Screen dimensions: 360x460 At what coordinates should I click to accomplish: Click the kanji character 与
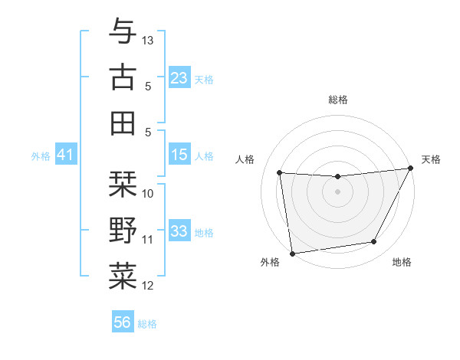pyautogui.click(x=123, y=31)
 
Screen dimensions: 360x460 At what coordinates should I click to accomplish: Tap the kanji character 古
pyautogui.click(x=123, y=77)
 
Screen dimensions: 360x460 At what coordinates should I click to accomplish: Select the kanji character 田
pyautogui.click(x=123, y=123)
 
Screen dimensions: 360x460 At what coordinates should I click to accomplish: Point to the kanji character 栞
pyautogui.click(x=123, y=185)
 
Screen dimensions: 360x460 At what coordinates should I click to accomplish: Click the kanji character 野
pyautogui.click(x=123, y=231)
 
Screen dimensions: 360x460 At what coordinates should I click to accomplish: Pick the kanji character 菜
pyautogui.click(x=123, y=277)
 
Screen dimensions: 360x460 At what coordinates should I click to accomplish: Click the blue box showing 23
pyautogui.click(x=179, y=78)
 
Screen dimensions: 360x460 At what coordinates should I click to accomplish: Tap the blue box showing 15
pyautogui.click(x=179, y=155)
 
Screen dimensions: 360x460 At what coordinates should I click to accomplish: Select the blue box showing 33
pyautogui.click(x=179, y=231)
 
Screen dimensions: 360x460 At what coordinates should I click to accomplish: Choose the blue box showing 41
pyautogui.click(x=65, y=155)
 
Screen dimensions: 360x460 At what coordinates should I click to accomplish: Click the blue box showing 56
pyautogui.click(x=123, y=322)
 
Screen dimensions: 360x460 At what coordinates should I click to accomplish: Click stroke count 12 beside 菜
pyautogui.click(x=149, y=286)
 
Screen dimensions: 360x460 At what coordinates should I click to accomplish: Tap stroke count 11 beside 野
pyautogui.click(x=149, y=240)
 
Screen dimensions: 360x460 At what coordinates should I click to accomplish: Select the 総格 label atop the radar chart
pyautogui.click(x=338, y=100)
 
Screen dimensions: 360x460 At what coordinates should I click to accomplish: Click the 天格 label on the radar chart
pyautogui.click(x=431, y=159)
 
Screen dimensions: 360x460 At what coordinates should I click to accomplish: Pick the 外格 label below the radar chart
pyautogui.click(x=270, y=262)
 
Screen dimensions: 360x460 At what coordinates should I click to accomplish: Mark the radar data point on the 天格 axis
pyautogui.click(x=411, y=169)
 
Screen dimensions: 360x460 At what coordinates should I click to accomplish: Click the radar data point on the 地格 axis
pyautogui.click(x=374, y=242)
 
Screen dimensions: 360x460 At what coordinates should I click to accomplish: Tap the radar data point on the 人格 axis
pyautogui.click(x=280, y=173)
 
